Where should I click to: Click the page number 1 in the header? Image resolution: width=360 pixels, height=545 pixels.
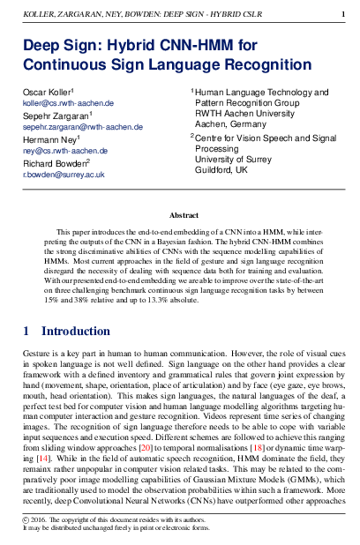342,15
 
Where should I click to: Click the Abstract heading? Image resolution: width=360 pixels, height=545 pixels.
183,215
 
